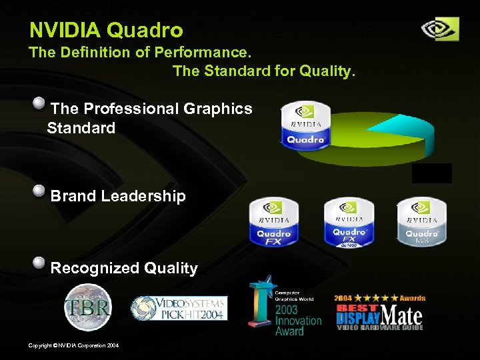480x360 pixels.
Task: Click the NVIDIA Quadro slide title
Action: pos(106,30)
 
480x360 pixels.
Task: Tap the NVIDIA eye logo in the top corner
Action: pos(440,29)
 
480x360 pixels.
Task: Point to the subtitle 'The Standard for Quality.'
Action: pos(264,71)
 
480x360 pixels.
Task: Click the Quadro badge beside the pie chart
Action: pos(305,125)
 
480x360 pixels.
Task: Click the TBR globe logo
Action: pos(87,307)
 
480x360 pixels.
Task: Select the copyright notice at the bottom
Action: pos(73,345)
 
